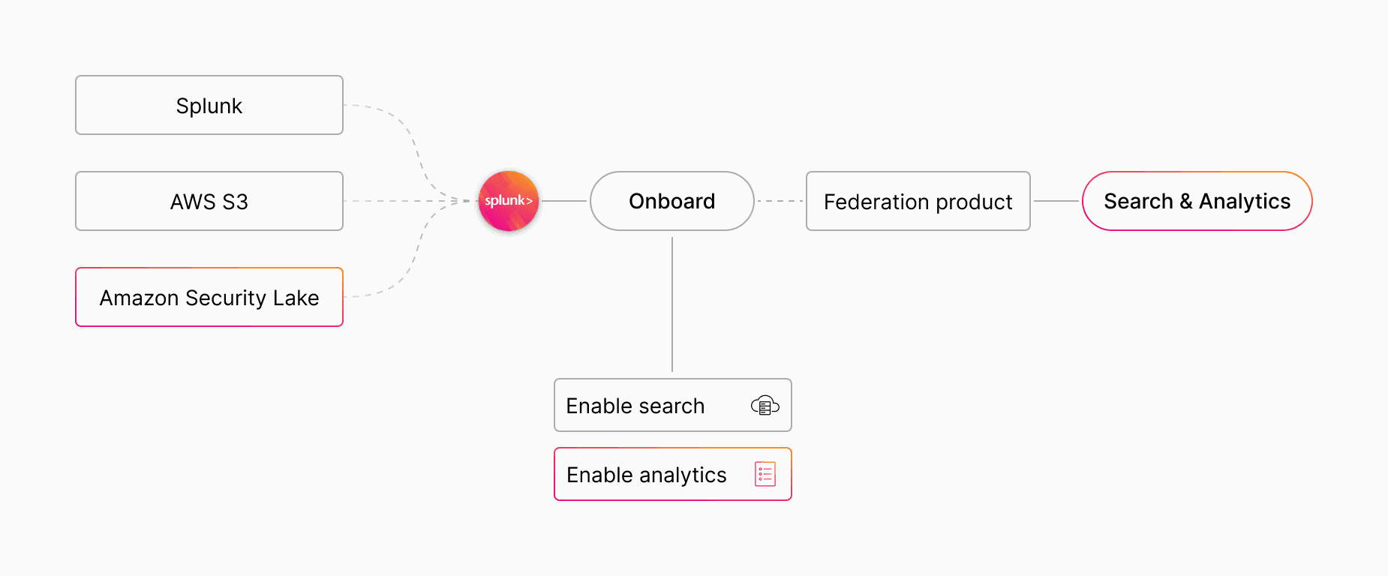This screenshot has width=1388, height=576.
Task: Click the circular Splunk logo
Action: click(509, 201)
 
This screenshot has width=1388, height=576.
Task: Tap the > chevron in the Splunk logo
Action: click(530, 201)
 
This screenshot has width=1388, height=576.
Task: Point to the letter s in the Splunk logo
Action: click(488, 201)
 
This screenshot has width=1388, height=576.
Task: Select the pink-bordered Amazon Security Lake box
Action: click(209, 297)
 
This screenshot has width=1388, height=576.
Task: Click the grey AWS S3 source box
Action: click(209, 201)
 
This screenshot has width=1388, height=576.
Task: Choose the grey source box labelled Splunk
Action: click(209, 105)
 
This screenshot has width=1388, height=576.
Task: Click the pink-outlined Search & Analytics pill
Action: click(1197, 201)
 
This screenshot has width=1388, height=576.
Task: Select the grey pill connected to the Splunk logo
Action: click(671, 201)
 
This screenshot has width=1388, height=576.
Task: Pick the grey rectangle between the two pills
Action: click(918, 201)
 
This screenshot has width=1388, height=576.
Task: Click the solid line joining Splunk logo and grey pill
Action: click(564, 201)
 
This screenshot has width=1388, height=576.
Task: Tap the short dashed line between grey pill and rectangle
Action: click(780, 201)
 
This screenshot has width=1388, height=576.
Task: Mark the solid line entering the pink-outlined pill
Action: click(1056, 201)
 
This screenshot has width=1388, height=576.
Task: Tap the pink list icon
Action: click(765, 474)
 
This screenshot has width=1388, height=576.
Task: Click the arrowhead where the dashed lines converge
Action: click(454, 201)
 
